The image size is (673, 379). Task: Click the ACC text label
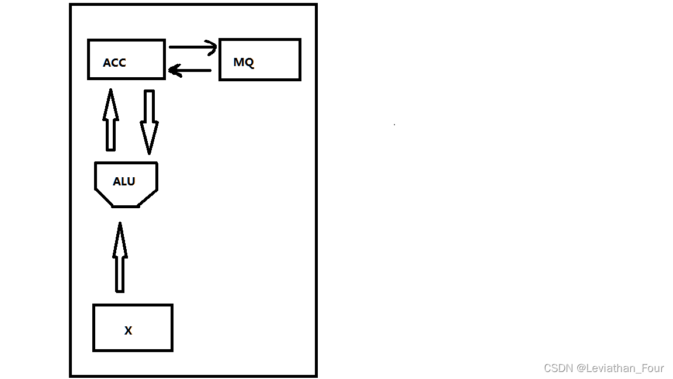pyautogui.click(x=114, y=63)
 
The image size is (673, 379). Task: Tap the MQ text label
pyautogui.click(x=244, y=63)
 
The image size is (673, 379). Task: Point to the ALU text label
pyautogui.click(x=124, y=181)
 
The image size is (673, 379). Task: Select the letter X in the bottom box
pyautogui.click(x=129, y=330)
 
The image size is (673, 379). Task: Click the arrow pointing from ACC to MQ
pyautogui.click(x=193, y=47)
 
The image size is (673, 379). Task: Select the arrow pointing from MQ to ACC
pyautogui.click(x=190, y=70)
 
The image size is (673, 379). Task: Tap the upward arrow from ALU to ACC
pyautogui.click(x=111, y=120)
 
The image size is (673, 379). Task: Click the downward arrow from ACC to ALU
pyautogui.click(x=149, y=122)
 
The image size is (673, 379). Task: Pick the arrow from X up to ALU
pyautogui.click(x=120, y=257)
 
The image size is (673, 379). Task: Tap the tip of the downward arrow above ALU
pyautogui.click(x=149, y=154)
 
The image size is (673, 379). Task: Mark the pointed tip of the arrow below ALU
pyautogui.click(x=120, y=222)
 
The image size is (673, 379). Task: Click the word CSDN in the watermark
pyautogui.click(x=558, y=368)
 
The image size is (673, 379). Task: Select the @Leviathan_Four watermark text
pyautogui.click(x=620, y=368)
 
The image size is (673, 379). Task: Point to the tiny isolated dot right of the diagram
pyautogui.click(x=394, y=125)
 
